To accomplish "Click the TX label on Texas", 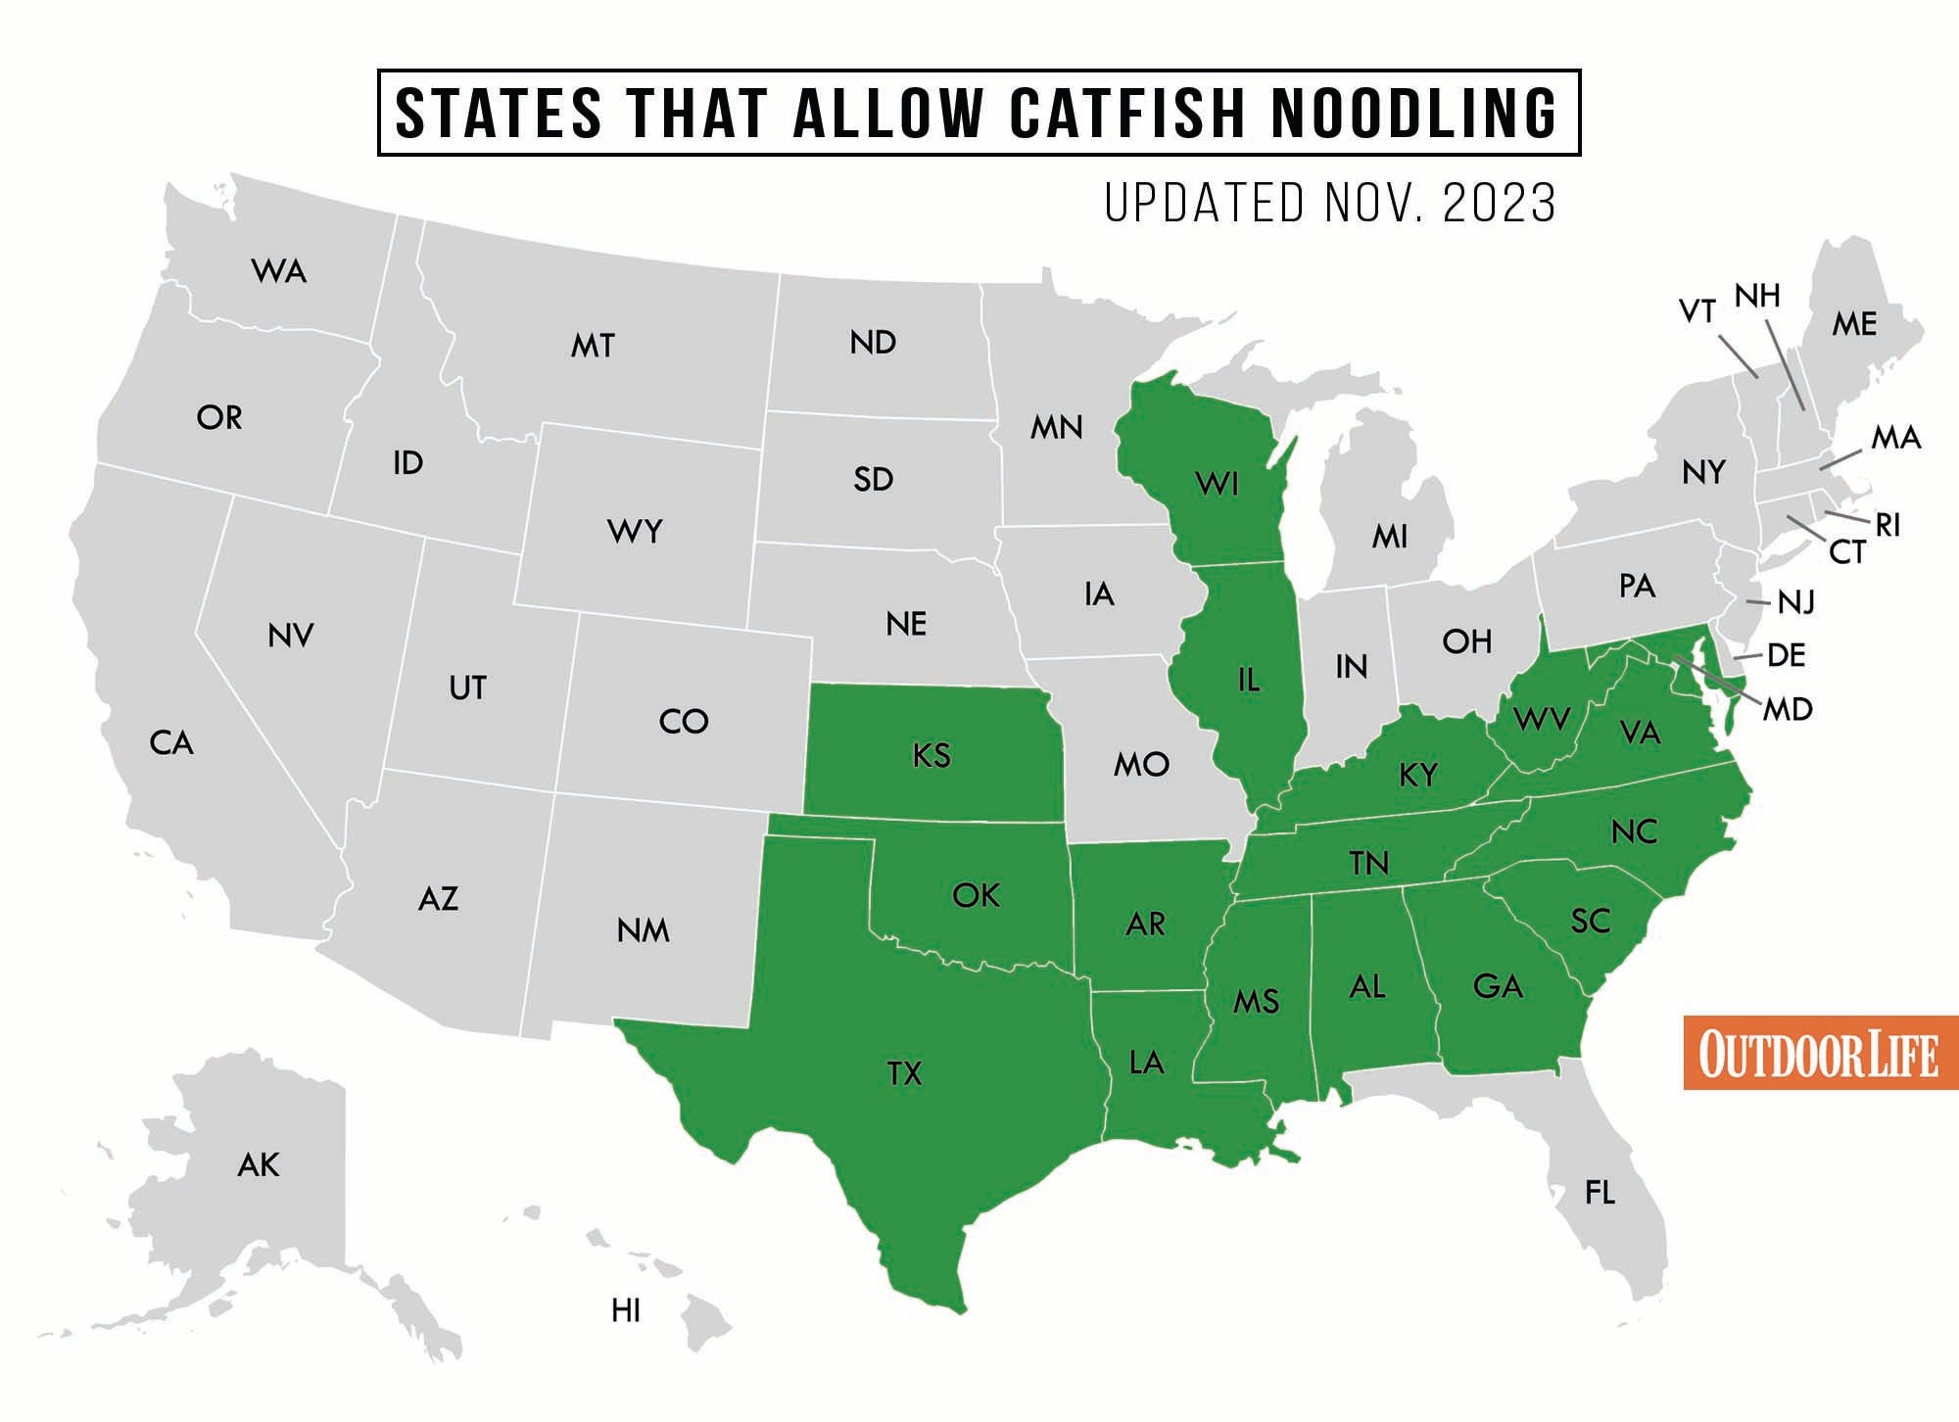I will (904, 1073).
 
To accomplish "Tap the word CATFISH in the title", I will (1127, 113).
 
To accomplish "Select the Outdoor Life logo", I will (1819, 1053).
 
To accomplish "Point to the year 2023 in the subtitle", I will (1500, 204).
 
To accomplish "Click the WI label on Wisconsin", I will (1217, 483).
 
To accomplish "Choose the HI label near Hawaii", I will (626, 1310).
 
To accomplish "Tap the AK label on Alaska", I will (259, 1164).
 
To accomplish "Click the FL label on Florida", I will (1600, 1192).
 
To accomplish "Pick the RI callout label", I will (1887, 526).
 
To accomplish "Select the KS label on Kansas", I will (931, 755).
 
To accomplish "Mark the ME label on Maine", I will (1854, 324).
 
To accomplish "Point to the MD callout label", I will (1788, 709).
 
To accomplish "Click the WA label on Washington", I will (279, 271).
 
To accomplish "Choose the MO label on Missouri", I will (1141, 764).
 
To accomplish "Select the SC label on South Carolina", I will (1591, 921).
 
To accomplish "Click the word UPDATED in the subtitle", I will (1205, 204).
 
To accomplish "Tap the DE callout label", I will (1786, 655).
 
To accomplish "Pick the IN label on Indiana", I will (1351, 667).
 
